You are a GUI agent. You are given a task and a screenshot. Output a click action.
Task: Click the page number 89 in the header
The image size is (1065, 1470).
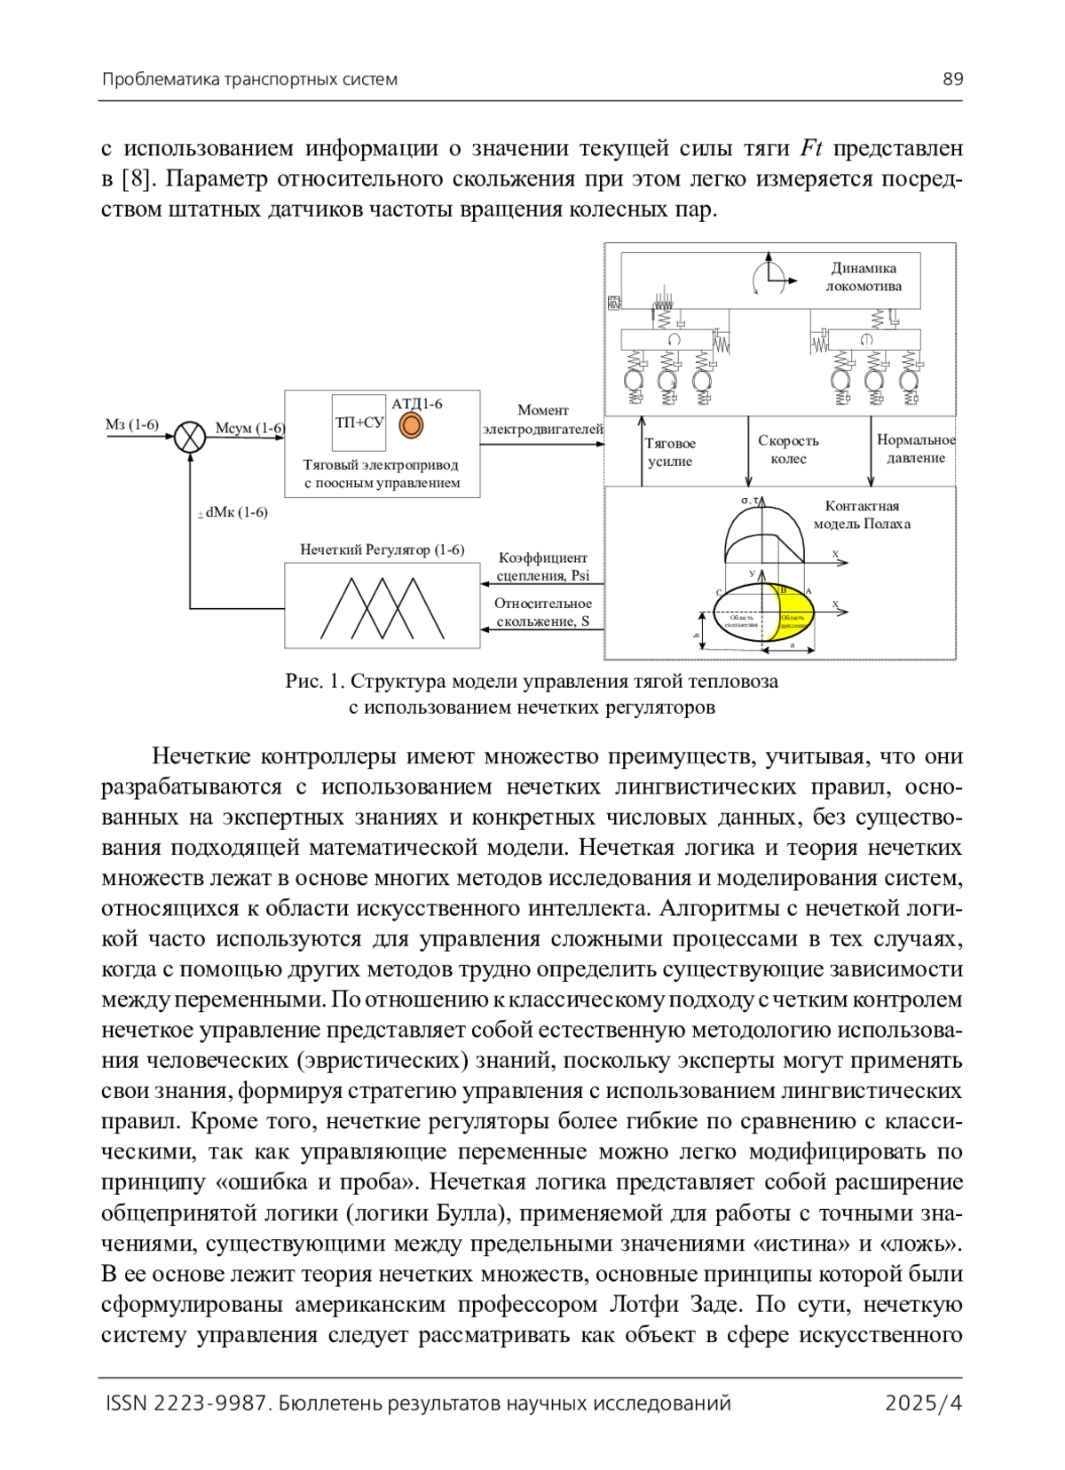[x=952, y=79]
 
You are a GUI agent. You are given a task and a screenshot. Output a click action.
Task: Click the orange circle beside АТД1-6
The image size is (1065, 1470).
[x=409, y=426]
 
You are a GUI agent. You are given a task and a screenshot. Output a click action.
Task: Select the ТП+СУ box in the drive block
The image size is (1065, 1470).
[x=359, y=423]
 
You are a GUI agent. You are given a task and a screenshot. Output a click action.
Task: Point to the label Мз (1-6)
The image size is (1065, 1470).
[x=131, y=425]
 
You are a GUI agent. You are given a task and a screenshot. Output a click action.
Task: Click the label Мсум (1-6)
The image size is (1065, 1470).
[x=249, y=429]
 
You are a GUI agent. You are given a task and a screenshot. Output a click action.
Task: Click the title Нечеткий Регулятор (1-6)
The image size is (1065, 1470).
[x=382, y=549]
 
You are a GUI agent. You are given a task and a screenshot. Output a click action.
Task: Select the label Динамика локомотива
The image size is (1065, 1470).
[x=863, y=277]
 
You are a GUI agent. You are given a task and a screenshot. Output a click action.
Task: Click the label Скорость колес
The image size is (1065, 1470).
[x=788, y=449]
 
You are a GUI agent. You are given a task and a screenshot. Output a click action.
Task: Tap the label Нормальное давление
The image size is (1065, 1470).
[x=915, y=448]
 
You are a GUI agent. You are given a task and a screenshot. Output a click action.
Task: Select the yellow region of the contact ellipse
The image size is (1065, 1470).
[x=795, y=612]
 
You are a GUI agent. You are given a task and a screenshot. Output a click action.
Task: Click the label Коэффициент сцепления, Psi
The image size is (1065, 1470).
[x=542, y=566]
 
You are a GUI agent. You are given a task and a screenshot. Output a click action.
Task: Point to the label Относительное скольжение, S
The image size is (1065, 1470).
[x=542, y=612]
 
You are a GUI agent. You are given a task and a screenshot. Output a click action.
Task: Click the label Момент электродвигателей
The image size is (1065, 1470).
[x=542, y=420]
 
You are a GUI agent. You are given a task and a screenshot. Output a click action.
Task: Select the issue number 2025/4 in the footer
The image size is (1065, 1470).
[x=924, y=1403]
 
